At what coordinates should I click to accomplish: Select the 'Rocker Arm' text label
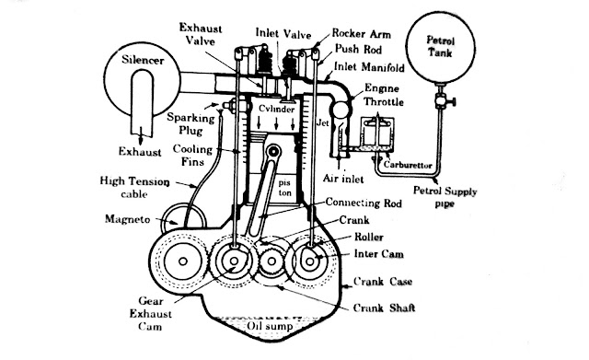361,30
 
